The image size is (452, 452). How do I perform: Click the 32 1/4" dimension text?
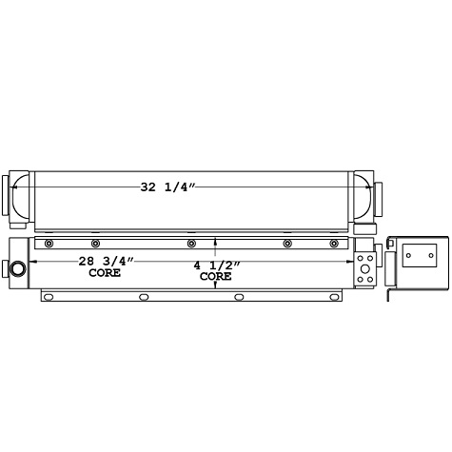coord(167,187)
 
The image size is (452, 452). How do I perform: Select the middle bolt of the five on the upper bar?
coord(191,244)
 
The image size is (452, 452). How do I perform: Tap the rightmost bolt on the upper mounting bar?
coord(333,244)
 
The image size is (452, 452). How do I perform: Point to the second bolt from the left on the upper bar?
coord(95,244)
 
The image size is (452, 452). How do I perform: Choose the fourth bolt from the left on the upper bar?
coord(286,244)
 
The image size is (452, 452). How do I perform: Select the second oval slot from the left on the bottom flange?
coord(144,297)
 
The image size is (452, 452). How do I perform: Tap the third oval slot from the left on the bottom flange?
coord(239,297)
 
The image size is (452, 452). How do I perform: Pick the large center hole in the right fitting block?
coord(365,267)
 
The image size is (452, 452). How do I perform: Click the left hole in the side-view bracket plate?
coord(409,255)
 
